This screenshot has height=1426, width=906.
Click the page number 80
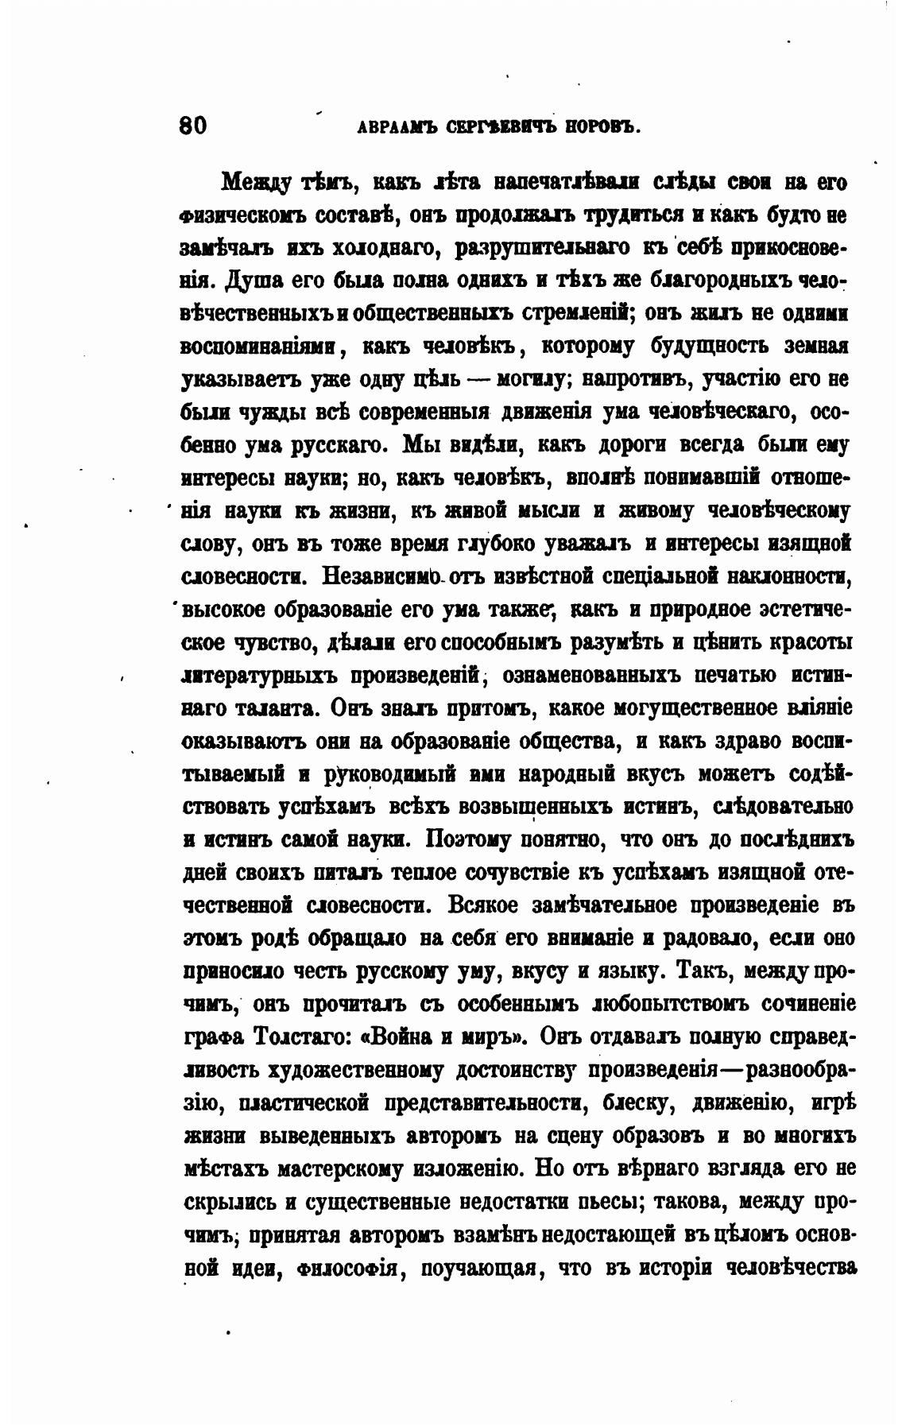tap(193, 126)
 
